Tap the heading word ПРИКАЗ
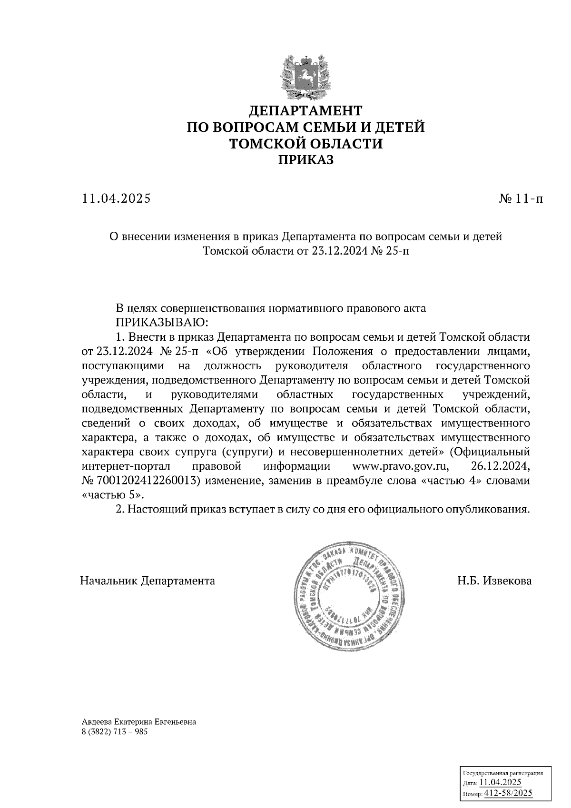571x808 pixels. pos(305,160)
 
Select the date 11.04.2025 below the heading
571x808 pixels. pos(116,198)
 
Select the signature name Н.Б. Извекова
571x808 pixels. pos(494,581)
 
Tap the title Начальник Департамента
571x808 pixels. pos(148,581)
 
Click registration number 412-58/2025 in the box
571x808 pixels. pos(508,793)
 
